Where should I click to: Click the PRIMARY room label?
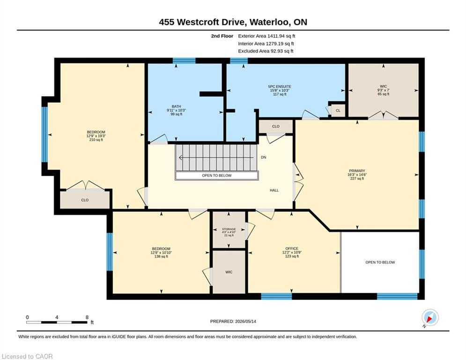[356, 171]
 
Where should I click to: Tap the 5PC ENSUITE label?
[279, 87]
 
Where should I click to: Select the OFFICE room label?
[292, 248]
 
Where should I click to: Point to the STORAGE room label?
[229, 229]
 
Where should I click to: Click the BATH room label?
[176, 106]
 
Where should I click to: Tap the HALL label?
[274, 190]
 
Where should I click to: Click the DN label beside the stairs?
[264, 157]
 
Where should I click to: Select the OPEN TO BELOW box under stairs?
[217, 175]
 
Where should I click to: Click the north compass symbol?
[430, 318]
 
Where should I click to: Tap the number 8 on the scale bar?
[87, 317]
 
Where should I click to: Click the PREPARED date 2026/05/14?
[245, 321]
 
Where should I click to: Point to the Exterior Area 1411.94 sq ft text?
[266, 36]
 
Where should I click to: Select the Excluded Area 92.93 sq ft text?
[266, 51]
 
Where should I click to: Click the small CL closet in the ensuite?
[338, 110]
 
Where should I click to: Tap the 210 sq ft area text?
[96, 140]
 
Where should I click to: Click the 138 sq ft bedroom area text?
[161, 256]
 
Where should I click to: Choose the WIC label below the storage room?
[229, 272]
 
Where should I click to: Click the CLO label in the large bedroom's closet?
[85, 200]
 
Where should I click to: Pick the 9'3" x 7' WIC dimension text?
[384, 90]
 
